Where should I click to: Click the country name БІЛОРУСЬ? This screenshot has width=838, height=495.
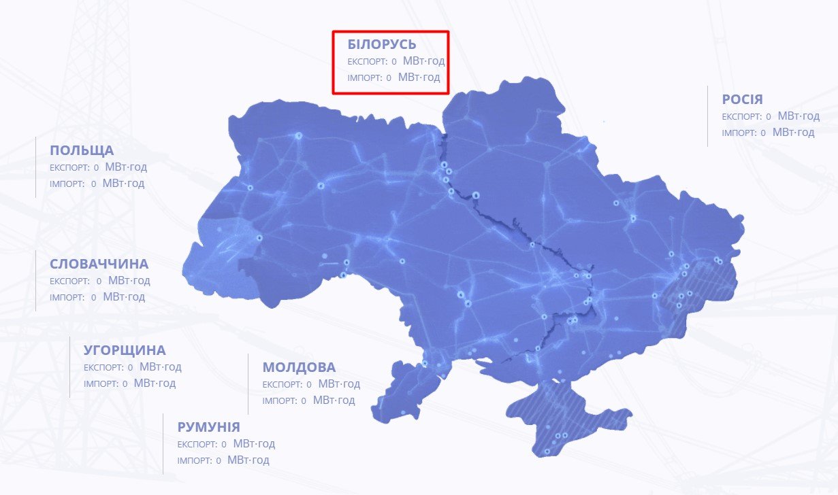coord(381,45)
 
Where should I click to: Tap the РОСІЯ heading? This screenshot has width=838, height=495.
coord(742,99)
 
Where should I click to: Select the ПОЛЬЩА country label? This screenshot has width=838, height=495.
coord(82,150)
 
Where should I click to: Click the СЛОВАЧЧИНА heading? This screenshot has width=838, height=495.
coord(99,264)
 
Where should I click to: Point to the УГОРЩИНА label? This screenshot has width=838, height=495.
coord(125,351)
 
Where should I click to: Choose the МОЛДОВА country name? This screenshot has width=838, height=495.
coord(299,367)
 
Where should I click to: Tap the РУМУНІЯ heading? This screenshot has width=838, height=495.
coord(208,427)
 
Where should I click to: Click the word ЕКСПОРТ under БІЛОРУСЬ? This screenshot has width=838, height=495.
coord(366,62)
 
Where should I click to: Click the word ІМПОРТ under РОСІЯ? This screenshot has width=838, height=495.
coord(739,133)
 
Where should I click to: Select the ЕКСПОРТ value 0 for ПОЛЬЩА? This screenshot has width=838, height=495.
coord(96,167)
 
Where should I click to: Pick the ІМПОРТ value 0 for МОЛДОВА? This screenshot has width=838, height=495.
coord(304,401)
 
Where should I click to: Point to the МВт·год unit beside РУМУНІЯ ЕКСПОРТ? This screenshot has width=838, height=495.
coord(254,444)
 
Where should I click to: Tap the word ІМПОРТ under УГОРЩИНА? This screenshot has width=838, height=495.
coord(101,384)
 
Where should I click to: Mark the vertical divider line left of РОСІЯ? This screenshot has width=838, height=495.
coord(707,116)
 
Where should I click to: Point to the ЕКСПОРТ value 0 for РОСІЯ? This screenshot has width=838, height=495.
coord(769,117)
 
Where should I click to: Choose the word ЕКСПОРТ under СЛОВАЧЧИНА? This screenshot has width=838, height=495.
coord(69,281)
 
